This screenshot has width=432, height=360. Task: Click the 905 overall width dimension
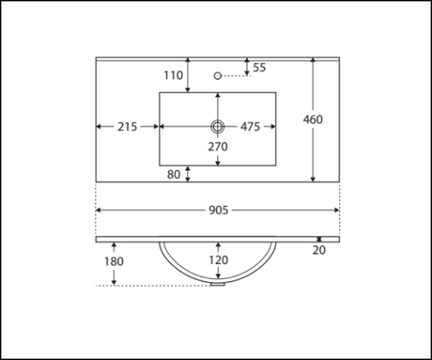click(219, 211)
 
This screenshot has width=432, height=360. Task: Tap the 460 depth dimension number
click(313, 119)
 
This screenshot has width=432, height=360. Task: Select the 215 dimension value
click(128, 127)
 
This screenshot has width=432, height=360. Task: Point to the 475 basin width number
click(251, 127)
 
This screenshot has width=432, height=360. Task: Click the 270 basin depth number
click(218, 147)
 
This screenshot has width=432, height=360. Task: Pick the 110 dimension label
click(174, 75)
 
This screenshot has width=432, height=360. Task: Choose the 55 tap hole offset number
click(259, 68)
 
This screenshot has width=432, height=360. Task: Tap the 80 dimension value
click(174, 175)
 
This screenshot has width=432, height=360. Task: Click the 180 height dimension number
click(114, 261)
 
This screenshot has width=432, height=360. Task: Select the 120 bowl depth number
click(219, 260)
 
